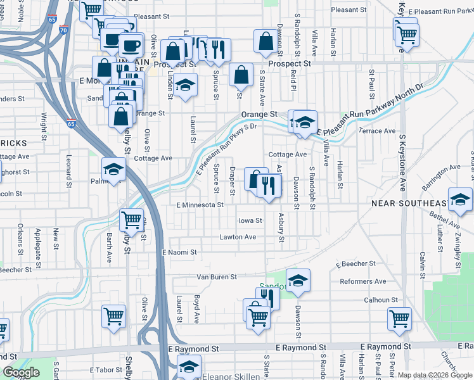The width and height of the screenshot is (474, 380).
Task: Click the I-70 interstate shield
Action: click(x=63, y=29)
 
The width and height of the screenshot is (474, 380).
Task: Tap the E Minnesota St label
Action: click(x=200, y=205)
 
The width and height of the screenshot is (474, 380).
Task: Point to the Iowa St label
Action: click(x=250, y=220)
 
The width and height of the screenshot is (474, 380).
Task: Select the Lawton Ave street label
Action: click(x=238, y=237)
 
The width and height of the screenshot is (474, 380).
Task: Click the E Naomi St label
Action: click(x=179, y=252)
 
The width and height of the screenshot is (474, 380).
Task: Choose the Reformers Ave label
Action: click(x=362, y=281)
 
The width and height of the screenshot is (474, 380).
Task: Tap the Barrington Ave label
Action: click(x=442, y=175)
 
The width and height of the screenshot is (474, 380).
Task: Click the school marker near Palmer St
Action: click(x=114, y=169)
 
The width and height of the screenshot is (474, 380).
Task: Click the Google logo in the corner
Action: click(x=21, y=372)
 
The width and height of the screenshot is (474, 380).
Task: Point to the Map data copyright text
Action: click(x=435, y=375)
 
